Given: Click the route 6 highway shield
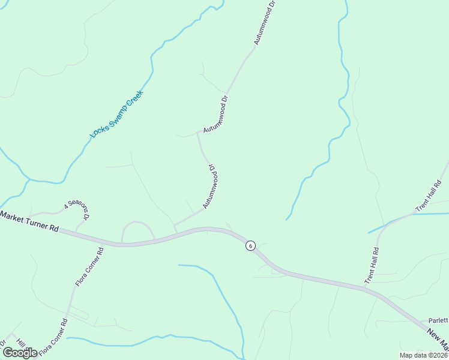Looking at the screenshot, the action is [x=250, y=245].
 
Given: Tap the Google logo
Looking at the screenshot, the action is [x=20, y=352].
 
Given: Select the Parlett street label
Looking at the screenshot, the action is [x=438, y=320].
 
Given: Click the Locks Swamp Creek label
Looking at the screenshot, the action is [x=116, y=114].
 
